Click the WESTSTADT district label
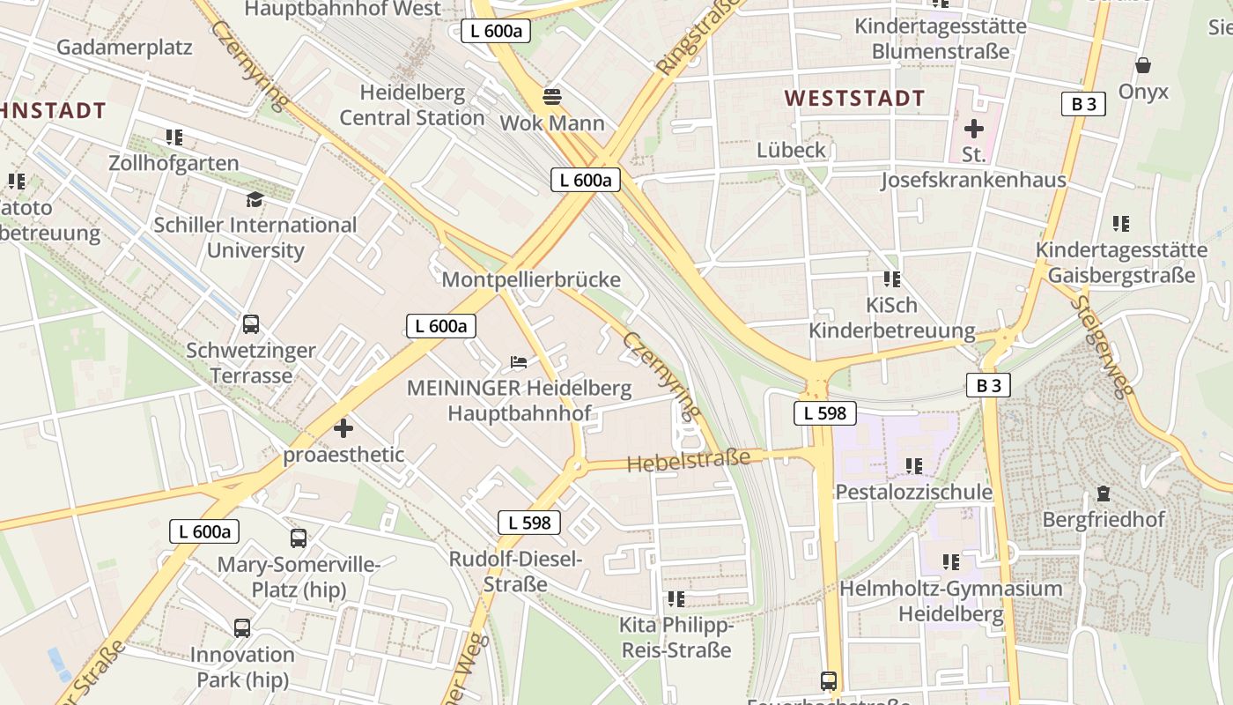(854, 98)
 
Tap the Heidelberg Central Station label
(412, 105)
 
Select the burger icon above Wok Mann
(552, 96)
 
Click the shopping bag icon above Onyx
(1143, 65)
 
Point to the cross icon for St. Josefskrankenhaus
(973, 129)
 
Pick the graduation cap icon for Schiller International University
(255, 199)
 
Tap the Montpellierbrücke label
(531, 280)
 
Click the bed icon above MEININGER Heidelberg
(519, 361)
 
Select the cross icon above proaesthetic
(343, 429)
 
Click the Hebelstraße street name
(689, 460)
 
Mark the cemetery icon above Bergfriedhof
(1103, 494)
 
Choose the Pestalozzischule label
(913, 491)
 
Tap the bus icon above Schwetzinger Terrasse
(251, 323)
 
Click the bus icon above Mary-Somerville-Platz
(299, 538)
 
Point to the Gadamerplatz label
(124, 48)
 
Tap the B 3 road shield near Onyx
(1083, 104)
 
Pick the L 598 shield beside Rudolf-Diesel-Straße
(529, 522)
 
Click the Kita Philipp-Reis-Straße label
(676, 638)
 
